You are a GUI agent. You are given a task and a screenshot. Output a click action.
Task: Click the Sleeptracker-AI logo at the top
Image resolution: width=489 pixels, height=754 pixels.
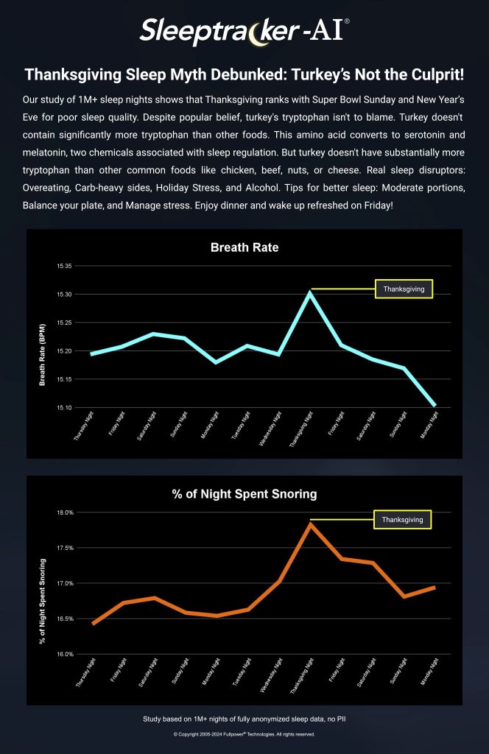[x=245, y=31]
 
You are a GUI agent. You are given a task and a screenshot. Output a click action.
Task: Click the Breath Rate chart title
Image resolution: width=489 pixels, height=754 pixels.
[x=245, y=247]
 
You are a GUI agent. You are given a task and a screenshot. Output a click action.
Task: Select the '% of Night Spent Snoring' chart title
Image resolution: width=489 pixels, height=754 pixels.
[x=245, y=493]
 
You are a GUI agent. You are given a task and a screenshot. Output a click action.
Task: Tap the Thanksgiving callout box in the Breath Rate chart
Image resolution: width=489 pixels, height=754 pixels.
[x=404, y=289]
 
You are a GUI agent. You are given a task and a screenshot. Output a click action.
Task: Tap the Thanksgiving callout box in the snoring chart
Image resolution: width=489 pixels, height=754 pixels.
[x=402, y=520]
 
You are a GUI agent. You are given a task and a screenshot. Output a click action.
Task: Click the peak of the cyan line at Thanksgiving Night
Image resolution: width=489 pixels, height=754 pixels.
[x=311, y=292]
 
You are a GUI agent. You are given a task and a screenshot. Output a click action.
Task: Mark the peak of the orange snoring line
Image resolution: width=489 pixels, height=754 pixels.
[x=311, y=524]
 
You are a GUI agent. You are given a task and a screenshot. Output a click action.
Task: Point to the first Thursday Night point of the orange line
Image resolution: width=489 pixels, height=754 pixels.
[x=93, y=624]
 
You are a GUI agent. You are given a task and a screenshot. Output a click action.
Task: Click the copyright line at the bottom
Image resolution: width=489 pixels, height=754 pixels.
[x=245, y=734]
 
